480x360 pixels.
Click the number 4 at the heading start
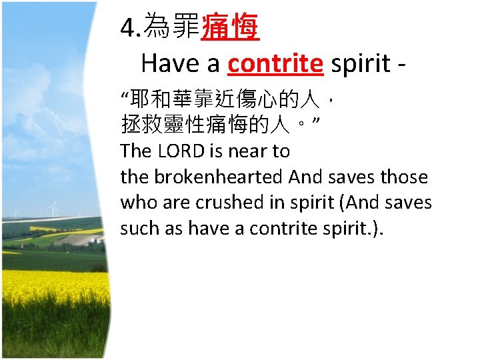click(127, 28)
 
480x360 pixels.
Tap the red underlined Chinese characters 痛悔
click(230, 28)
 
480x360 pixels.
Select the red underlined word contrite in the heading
click(275, 63)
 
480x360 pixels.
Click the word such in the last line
click(137, 228)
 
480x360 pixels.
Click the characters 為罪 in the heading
click(171, 28)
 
